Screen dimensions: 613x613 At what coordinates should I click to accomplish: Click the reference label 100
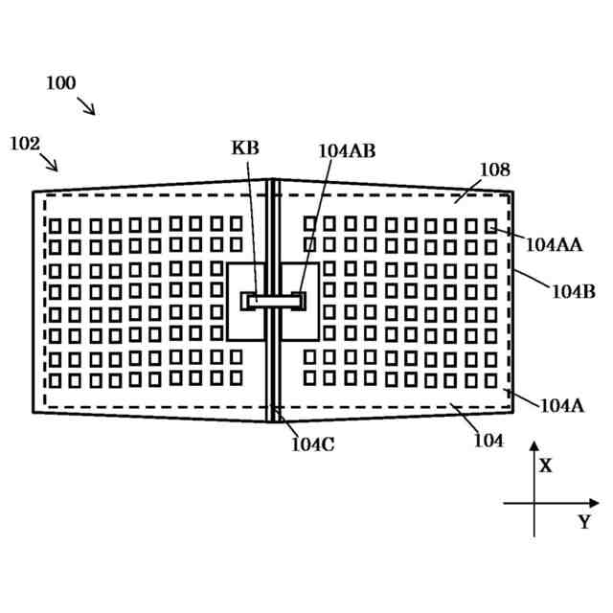point(60,83)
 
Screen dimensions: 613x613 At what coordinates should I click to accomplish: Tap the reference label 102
point(25,144)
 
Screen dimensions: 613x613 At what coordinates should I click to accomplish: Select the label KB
point(245,148)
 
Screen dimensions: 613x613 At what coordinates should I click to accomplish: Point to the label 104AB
point(347,150)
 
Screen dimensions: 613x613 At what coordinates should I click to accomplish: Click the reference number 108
point(494,170)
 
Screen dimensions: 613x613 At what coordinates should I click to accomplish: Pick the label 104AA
point(554,244)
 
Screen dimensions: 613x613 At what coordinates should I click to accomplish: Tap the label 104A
point(561,405)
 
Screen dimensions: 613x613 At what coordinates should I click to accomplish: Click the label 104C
point(313,443)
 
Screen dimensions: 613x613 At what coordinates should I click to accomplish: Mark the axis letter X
point(545,466)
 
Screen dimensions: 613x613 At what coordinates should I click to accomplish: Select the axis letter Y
point(583,523)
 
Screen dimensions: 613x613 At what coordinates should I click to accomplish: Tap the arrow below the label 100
point(86,105)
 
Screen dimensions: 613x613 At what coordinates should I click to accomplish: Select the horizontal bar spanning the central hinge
point(274,301)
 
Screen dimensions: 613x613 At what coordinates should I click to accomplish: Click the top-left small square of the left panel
point(55,226)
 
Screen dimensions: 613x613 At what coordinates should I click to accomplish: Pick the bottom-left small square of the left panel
point(55,381)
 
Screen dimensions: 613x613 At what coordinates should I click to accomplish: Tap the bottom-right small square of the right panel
point(491,380)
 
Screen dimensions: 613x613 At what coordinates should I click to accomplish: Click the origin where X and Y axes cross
point(534,503)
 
